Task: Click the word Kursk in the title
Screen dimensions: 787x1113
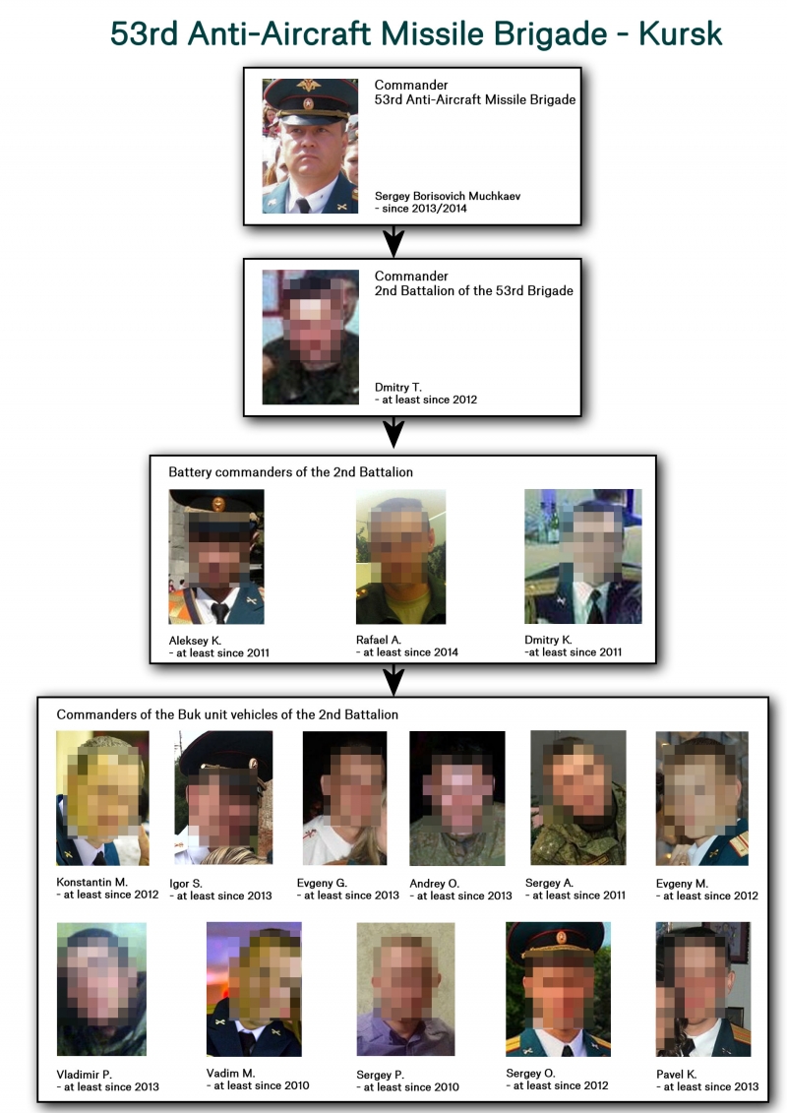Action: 680,33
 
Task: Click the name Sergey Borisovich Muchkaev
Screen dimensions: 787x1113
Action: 447,196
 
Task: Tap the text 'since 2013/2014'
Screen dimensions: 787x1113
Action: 424,209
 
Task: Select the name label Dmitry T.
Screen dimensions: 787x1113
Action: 398,388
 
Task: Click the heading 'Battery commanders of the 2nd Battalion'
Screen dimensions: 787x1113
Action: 290,472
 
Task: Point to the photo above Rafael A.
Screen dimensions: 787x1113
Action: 400,557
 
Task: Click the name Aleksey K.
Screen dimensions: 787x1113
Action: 195,641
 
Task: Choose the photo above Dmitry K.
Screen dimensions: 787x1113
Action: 582,557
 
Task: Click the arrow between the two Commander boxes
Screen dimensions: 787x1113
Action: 393,242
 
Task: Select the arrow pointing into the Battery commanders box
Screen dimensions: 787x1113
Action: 393,432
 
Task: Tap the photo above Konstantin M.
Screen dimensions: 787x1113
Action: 102,798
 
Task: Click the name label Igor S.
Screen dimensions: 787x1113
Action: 186,884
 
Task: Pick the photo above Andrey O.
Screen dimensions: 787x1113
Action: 457,798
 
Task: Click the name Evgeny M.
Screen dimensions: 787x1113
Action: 682,884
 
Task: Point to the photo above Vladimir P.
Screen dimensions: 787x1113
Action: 101,989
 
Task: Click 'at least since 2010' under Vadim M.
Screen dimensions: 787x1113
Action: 261,1085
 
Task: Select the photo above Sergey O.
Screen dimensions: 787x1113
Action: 558,989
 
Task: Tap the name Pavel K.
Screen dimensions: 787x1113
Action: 676,1075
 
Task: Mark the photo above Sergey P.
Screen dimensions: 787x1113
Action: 405,989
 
